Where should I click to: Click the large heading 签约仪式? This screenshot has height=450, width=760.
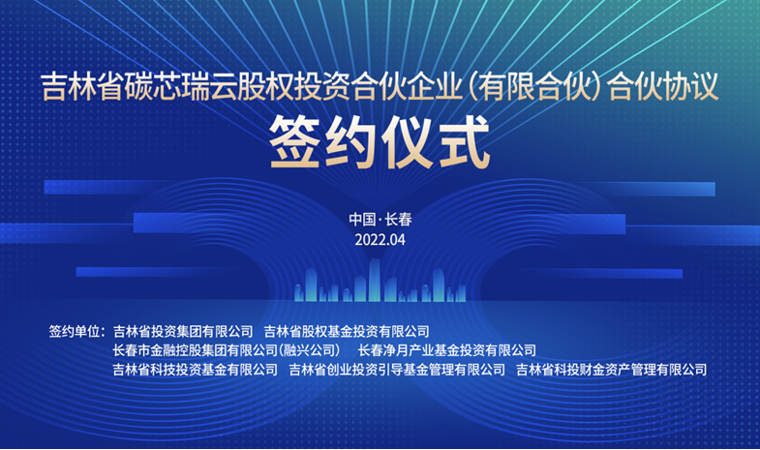tap(380, 142)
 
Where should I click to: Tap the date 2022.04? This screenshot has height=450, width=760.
tap(380, 240)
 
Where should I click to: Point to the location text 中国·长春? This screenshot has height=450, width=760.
tap(380, 220)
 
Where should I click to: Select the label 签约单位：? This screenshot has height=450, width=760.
tap(76, 331)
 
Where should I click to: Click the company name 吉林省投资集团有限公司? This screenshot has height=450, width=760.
tap(183, 331)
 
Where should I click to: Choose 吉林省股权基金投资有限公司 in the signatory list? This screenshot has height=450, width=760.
tap(347, 331)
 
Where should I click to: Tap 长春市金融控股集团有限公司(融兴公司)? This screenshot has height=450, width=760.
tap(227, 350)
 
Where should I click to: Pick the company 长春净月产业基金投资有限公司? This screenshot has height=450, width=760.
tap(447, 350)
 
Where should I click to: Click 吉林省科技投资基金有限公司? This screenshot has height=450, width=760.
tap(196, 370)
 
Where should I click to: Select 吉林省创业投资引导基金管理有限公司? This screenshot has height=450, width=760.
tap(397, 370)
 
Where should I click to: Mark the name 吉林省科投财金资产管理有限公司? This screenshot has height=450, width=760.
tap(611, 370)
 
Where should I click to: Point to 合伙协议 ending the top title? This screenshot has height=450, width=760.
tap(662, 87)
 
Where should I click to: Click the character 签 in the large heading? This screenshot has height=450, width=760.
tap(295, 142)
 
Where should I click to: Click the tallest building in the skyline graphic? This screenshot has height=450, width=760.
tap(374, 280)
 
